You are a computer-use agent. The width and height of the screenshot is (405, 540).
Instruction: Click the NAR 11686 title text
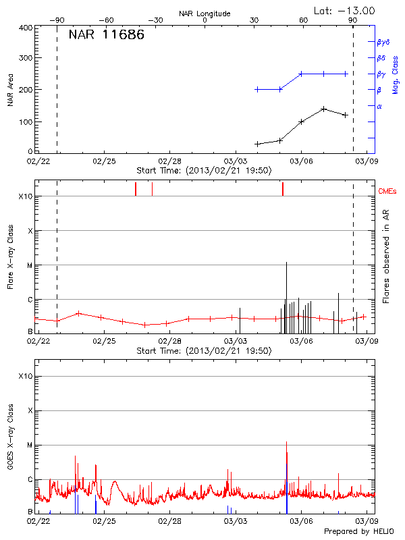[x=106, y=35]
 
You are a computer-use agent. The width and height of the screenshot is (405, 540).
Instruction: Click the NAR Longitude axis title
[x=205, y=13]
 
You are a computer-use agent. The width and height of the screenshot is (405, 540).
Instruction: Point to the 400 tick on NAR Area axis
[x=25, y=28]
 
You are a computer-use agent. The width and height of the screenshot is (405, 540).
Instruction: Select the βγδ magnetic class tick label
[x=383, y=42]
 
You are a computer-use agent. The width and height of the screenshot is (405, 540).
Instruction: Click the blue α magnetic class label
[x=379, y=106]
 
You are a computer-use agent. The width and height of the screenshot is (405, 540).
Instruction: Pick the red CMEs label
[x=387, y=192]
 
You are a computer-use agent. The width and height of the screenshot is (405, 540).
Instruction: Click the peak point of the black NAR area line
[x=324, y=109]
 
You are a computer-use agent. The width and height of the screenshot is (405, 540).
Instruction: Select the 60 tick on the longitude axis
[x=304, y=20]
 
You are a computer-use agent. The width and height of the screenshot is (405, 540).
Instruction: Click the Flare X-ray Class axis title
[x=10, y=256]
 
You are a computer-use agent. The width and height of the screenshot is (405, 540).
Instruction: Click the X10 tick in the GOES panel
[x=26, y=376]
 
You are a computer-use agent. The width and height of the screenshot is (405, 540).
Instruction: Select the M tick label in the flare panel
[x=28, y=265]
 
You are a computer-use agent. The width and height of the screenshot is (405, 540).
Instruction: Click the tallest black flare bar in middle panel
[x=287, y=297]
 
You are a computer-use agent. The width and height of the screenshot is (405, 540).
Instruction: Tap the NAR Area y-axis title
[x=10, y=89]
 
